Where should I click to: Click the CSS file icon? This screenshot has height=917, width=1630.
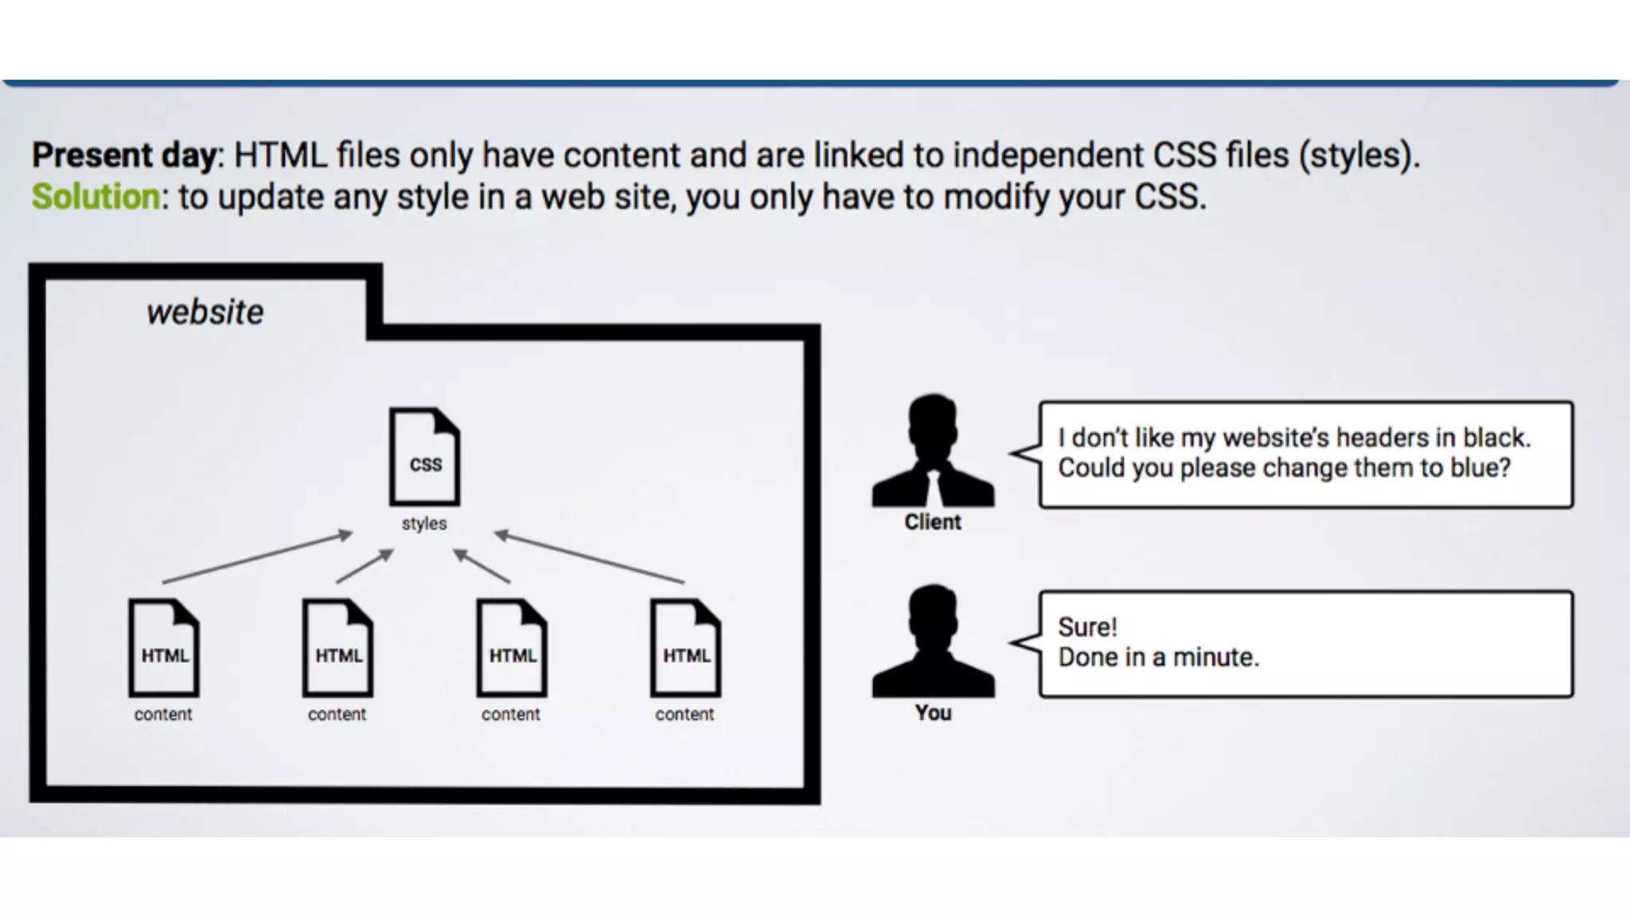(x=424, y=457)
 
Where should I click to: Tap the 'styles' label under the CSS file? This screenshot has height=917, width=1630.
(x=424, y=524)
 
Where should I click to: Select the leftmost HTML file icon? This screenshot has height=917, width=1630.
(x=164, y=648)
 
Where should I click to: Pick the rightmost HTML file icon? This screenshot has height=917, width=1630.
(x=685, y=648)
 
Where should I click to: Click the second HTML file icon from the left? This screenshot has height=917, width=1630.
(x=337, y=648)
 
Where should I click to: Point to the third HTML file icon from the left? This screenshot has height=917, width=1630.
(x=512, y=648)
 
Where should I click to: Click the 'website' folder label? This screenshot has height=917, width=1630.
(x=205, y=312)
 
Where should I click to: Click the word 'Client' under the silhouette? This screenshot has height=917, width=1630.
(x=933, y=522)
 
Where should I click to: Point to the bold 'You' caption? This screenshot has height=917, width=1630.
(x=933, y=712)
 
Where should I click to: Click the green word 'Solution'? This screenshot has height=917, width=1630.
(x=96, y=197)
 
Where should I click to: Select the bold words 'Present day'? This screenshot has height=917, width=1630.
(x=123, y=154)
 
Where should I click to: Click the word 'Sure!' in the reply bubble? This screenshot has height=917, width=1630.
(x=1087, y=627)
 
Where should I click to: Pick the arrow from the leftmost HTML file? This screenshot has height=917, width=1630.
(x=257, y=558)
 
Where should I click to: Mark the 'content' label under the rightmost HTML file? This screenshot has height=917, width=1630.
(x=684, y=714)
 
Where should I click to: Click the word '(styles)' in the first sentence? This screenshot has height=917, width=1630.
(x=1359, y=154)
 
